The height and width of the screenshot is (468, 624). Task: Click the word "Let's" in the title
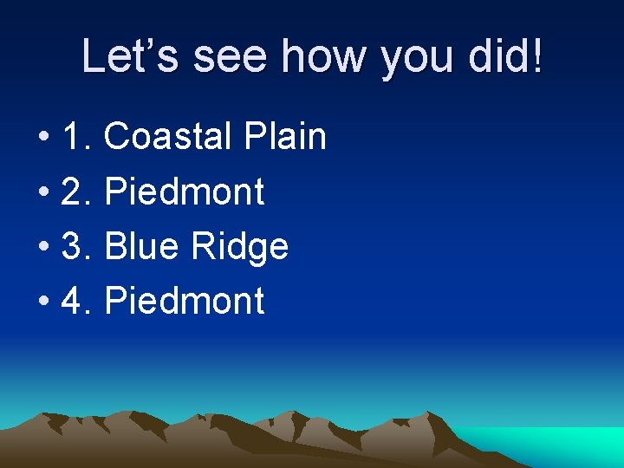pyautogui.click(x=131, y=56)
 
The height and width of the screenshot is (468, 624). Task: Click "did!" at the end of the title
pyautogui.click(x=511, y=56)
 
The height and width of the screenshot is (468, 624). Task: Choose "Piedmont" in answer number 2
pyautogui.click(x=184, y=192)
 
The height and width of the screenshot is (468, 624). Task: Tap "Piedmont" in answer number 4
pyautogui.click(x=184, y=302)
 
